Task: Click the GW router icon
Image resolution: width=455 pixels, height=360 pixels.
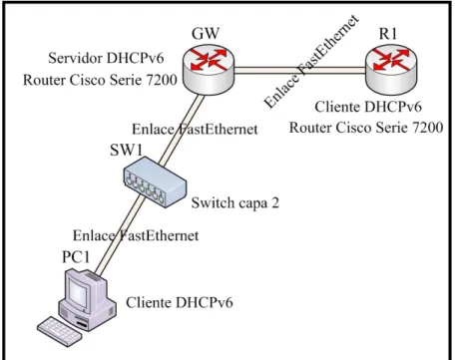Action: [x=209, y=70]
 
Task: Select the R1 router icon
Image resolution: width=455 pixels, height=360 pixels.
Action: [x=391, y=70]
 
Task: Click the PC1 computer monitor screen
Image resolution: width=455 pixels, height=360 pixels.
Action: [x=78, y=293]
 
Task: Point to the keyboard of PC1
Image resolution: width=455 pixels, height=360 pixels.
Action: [x=60, y=332]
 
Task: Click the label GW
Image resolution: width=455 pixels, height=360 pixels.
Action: [x=206, y=33]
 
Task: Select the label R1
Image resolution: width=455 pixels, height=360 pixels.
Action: [x=388, y=34]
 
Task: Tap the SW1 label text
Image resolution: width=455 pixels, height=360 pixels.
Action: [x=127, y=150]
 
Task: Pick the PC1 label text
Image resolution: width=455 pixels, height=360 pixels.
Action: [x=76, y=256]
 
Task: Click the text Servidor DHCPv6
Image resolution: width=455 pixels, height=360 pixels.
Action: [x=106, y=58]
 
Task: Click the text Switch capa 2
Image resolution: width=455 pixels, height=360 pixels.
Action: [x=235, y=202]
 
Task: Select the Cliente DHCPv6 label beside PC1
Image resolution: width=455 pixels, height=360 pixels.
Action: [x=180, y=302]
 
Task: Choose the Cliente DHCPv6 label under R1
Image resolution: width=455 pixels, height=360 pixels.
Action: [x=368, y=107]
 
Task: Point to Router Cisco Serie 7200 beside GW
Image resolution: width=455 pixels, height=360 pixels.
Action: [x=100, y=80]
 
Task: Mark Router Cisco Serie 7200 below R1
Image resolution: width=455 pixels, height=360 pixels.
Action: [x=366, y=128]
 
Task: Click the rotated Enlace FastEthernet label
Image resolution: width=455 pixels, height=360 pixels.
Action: [x=312, y=62]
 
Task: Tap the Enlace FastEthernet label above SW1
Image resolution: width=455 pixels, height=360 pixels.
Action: [x=195, y=130]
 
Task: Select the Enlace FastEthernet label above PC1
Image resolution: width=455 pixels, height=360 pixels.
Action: [x=136, y=235]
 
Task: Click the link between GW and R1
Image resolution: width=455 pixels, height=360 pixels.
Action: [x=299, y=70]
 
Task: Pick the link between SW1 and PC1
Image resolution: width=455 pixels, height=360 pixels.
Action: [x=119, y=235]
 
